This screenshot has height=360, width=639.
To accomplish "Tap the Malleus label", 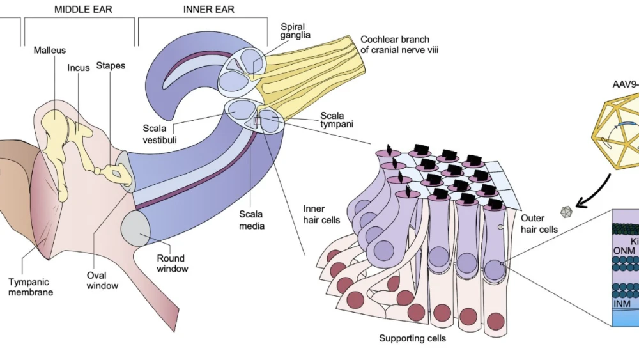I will coord(50,50).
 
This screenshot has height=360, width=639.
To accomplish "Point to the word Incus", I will coord(79,68).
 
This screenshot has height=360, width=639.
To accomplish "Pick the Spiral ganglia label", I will coord(296,31).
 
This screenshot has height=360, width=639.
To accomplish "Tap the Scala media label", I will coord(252,219).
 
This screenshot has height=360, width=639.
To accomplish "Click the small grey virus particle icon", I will coord(566,212).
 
